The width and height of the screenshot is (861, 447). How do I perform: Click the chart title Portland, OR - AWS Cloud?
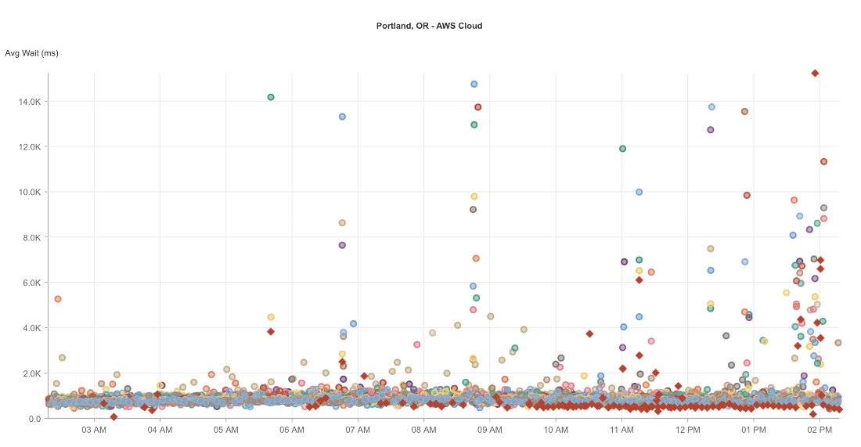(429, 26)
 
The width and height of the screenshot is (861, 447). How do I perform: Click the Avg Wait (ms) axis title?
(31, 53)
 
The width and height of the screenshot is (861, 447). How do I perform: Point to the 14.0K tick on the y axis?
(29, 102)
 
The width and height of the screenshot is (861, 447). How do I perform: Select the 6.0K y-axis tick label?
(31, 283)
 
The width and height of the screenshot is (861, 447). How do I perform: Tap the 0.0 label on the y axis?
(34, 418)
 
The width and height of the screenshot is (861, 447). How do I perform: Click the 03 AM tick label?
(94, 430)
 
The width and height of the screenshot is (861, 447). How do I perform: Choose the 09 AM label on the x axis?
(489, 430)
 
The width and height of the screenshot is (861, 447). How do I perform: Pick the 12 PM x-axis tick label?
(687, 430)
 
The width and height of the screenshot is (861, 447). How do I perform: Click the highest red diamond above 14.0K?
(815, 73)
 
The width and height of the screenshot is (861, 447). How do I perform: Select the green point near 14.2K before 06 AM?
(271, 97)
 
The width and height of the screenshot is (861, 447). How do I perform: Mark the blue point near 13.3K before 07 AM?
(342, 117)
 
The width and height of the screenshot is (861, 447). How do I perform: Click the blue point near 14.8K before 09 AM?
(474, 84)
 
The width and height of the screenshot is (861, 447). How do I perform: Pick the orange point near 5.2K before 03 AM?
(58, 299)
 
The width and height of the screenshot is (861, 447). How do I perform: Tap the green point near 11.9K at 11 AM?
(622, 149)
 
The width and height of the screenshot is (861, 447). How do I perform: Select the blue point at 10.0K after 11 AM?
(639, 192)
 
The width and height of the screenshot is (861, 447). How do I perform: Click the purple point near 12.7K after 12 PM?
(711, 130)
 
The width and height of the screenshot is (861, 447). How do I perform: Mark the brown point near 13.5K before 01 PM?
(744, 111)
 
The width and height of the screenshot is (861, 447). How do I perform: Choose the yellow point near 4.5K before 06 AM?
(271, 317)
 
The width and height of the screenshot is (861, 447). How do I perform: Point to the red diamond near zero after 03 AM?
(113, 416)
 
